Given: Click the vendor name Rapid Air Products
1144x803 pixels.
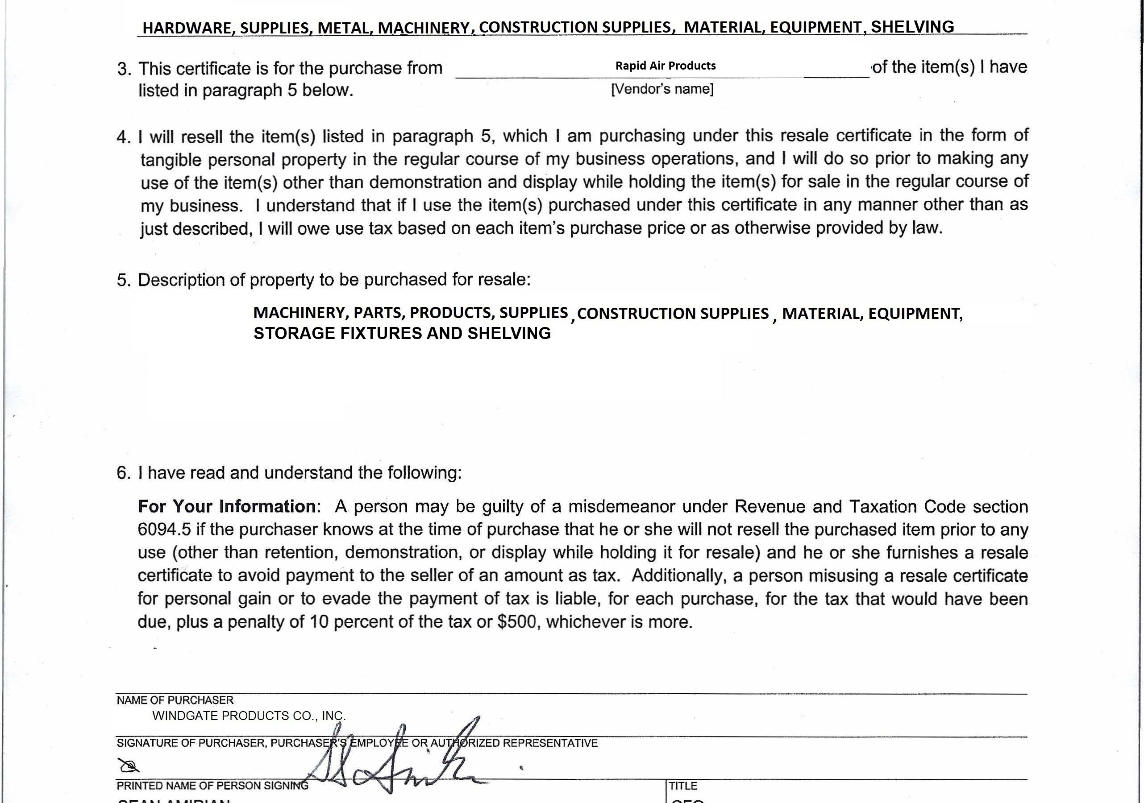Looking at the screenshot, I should point(665,66).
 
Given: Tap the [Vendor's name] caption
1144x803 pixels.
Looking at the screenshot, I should point(662,89).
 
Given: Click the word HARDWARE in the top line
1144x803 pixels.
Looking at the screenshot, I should point(187,28).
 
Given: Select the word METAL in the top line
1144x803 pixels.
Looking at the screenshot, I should point(345,28).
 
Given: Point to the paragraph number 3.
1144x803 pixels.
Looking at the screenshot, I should point(124,69).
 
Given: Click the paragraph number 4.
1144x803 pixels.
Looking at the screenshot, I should point(123,137).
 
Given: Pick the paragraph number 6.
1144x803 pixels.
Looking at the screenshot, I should point(123,473).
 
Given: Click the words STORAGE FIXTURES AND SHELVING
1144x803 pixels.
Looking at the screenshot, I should point(402,333).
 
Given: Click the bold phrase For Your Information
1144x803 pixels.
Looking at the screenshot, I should point(227,507).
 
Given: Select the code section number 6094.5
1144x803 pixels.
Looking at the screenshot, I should point(164,530).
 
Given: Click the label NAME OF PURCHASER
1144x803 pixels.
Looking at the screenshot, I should point(175,700).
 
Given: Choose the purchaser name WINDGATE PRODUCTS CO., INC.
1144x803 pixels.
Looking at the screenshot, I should point(249,716).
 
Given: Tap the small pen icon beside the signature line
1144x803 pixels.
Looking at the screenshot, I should point(128,765).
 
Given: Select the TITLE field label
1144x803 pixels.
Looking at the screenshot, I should point(682,786).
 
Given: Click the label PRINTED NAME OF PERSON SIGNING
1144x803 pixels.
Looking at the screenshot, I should point(212,786).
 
